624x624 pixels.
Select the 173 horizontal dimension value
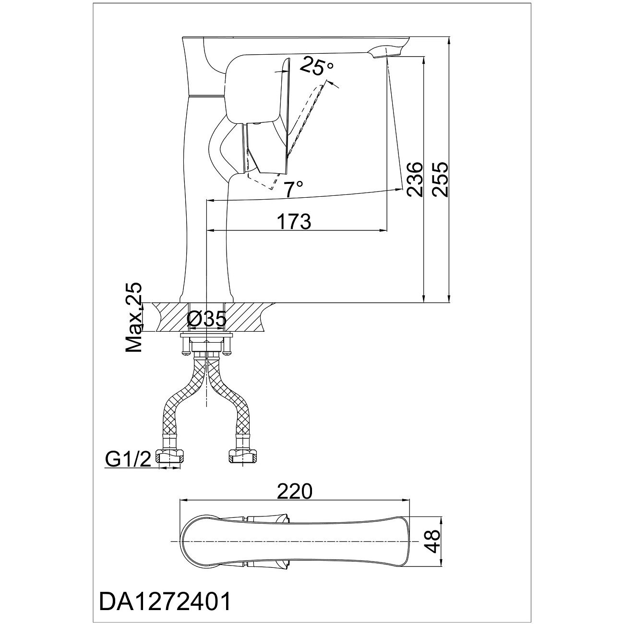pyautogui.click(x=294, y=221)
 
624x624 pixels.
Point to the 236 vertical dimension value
pyautogui.click(x=415, y=179)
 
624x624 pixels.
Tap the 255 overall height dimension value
pyautogui.click(x=440, y=179)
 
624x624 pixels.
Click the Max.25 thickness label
pyautogui.click(x=134, y=317)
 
